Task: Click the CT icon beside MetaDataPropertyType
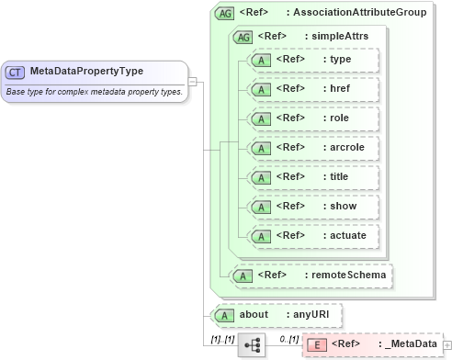16,72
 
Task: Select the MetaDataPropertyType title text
86,72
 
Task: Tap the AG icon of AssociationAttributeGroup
223,14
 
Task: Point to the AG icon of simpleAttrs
243,37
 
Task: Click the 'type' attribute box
313,60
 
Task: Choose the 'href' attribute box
313,89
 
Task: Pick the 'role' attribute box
313,118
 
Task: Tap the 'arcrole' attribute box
313,148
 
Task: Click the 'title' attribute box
313,177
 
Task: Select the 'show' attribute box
313,207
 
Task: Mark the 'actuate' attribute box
313,236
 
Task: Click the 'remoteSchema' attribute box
312,275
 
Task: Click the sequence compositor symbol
251,346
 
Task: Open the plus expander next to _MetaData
447,345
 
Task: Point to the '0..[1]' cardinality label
289,339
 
